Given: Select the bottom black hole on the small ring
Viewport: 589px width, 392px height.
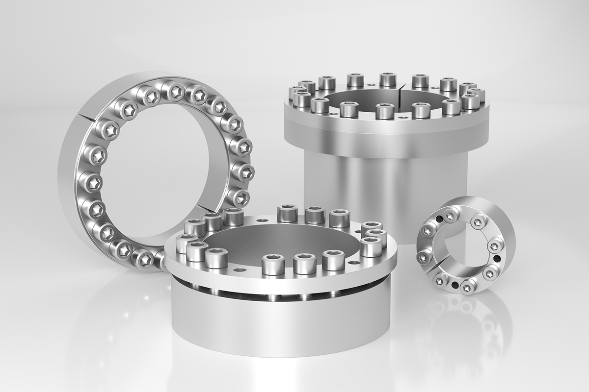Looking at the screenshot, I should click(455, 285).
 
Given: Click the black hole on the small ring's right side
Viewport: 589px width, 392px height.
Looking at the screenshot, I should click(497, 258).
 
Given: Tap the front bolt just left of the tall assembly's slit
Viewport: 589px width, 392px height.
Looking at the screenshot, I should click(385, 111).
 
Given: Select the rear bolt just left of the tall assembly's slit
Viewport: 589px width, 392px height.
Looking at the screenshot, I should click(388, 79).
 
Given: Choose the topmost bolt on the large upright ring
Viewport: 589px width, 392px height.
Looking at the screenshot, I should click(174, 91).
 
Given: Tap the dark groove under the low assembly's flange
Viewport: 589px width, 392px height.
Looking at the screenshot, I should click(275, 293).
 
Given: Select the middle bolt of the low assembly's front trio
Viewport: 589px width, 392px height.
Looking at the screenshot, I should click(305, 263).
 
